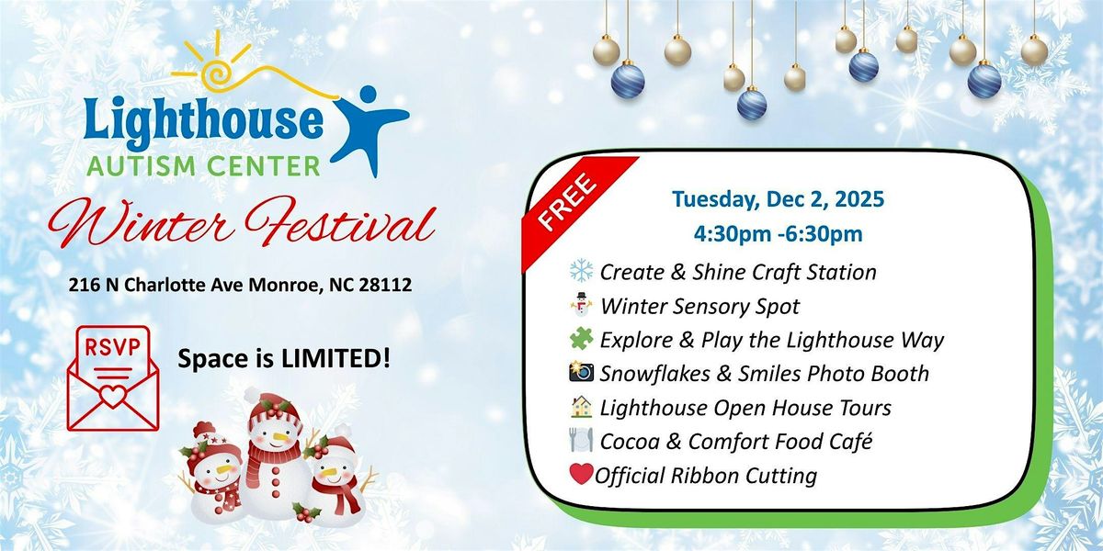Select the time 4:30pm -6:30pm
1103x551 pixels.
(x=767, y=234)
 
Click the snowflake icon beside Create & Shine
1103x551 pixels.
(x=582, y=272)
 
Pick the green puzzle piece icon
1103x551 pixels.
(x=582, y=340)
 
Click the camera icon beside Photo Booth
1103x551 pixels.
(x=582, y=373)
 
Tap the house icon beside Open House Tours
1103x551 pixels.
(x=582, y=407)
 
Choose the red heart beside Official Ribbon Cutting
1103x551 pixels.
(x=582, y=475)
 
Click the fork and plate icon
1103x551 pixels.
(x=582, y=442)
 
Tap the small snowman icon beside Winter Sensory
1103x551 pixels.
(x=582, y=306)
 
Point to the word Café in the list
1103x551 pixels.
(x=847, y=442)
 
